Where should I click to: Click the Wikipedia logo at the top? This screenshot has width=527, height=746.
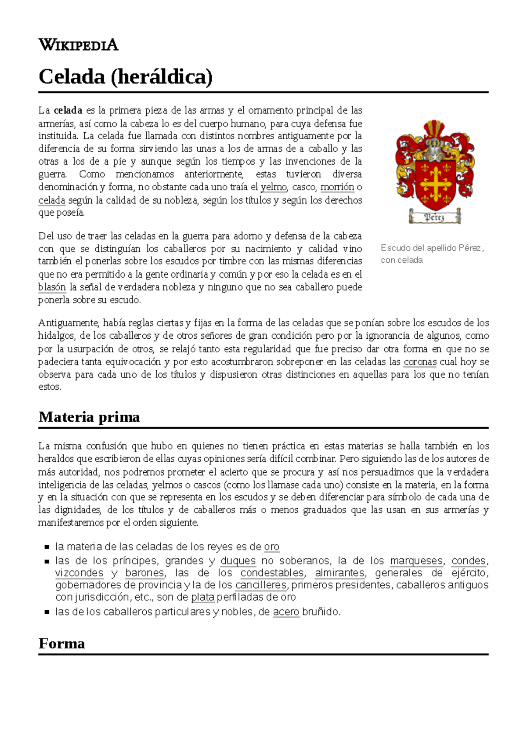[x=78, y=44]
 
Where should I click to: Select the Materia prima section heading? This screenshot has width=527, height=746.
[x=89, y=416]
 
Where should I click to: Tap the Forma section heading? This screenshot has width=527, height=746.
[x=61, y=643]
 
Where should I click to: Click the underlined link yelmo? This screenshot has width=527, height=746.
[x=273, y=187]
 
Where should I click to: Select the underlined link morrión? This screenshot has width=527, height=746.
[x=337, y=187]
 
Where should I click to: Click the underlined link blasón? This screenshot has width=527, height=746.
[x=52, y=287]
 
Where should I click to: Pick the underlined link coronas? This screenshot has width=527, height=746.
[x=420, y=362]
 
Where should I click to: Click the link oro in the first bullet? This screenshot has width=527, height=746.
[x=271, y=547]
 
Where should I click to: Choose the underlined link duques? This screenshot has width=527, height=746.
[x=238, y=561]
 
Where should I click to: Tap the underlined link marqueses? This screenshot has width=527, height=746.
[x=416, y=561]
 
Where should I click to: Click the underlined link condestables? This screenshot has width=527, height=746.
[x=272, y=573]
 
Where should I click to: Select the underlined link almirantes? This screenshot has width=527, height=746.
[x=339, y=573]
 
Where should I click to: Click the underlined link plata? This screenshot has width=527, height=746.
[x=202, y=598]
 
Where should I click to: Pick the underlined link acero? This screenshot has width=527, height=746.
[x=286, y=612]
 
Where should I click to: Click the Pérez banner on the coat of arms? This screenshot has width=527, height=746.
[x=434, y=217]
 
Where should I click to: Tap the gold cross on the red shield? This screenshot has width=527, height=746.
[x=435, y=184]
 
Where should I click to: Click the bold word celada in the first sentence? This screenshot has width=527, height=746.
[x=68, y=110]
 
